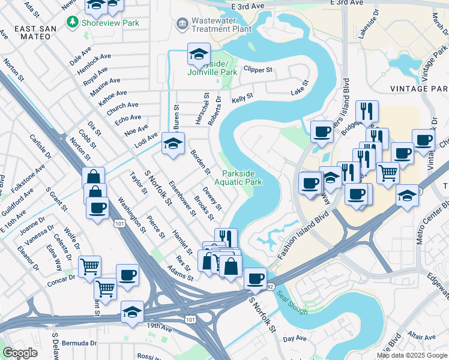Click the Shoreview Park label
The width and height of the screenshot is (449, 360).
tap(111, 23)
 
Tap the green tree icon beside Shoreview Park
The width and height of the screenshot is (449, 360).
tap(73, 22)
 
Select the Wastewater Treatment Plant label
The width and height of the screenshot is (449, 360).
tap(220, 24)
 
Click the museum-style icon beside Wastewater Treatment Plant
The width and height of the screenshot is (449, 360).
tap(181, 23)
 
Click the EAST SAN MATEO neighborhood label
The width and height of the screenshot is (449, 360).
tap(35, 34)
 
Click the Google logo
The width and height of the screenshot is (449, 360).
tap(20, 353)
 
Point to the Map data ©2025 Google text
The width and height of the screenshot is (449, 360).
tap(412, 355)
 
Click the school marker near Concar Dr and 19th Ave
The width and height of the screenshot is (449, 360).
tap(132, 312)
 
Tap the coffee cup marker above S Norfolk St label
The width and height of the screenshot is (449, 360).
tap(255, 278)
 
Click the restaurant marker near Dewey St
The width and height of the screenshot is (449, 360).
tap(226, 238)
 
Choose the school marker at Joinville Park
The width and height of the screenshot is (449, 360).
tap(199, 55)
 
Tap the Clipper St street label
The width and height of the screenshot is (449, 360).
tap(258, 70)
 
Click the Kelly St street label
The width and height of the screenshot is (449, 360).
tap(243, 96)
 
